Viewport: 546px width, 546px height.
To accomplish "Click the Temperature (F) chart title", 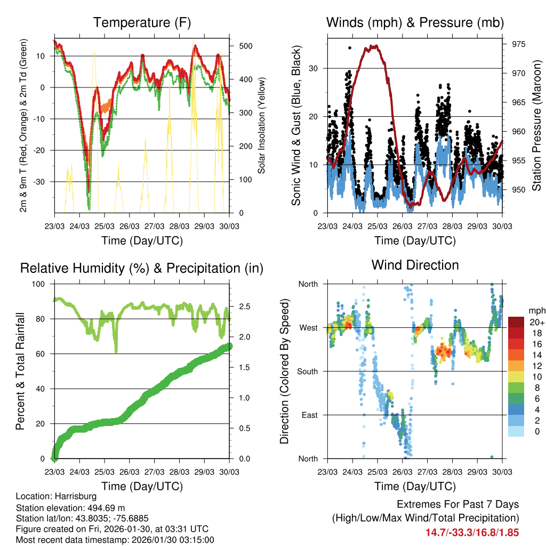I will pos(142,23).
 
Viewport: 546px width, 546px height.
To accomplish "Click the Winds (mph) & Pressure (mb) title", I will pos(415,23).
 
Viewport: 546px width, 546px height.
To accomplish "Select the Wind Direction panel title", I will pos(415,265).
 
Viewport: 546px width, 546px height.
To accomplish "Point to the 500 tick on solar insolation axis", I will pos(245,46).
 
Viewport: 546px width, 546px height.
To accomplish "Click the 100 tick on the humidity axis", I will pos(39,284).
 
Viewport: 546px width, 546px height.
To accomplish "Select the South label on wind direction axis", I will pos(308,371).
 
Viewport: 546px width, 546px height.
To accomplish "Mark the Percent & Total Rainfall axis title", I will pos(20,371).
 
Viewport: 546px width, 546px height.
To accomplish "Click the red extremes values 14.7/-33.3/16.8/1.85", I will pos(472,533).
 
